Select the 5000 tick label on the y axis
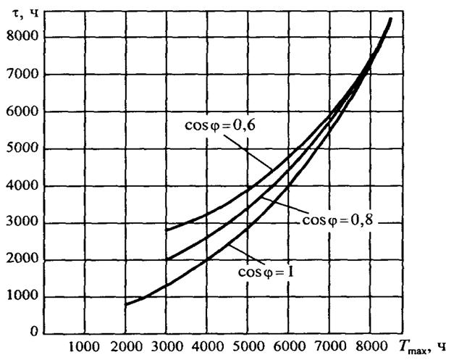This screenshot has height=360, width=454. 25,149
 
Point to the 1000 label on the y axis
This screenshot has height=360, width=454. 25,298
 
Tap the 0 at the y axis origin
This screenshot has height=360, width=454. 33,333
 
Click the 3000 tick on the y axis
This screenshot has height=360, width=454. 25,223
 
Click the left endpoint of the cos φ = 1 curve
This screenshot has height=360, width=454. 125,304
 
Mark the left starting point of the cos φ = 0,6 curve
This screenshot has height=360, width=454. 167,230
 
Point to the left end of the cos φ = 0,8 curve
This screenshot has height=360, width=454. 167,259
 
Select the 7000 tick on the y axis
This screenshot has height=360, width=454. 25,75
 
